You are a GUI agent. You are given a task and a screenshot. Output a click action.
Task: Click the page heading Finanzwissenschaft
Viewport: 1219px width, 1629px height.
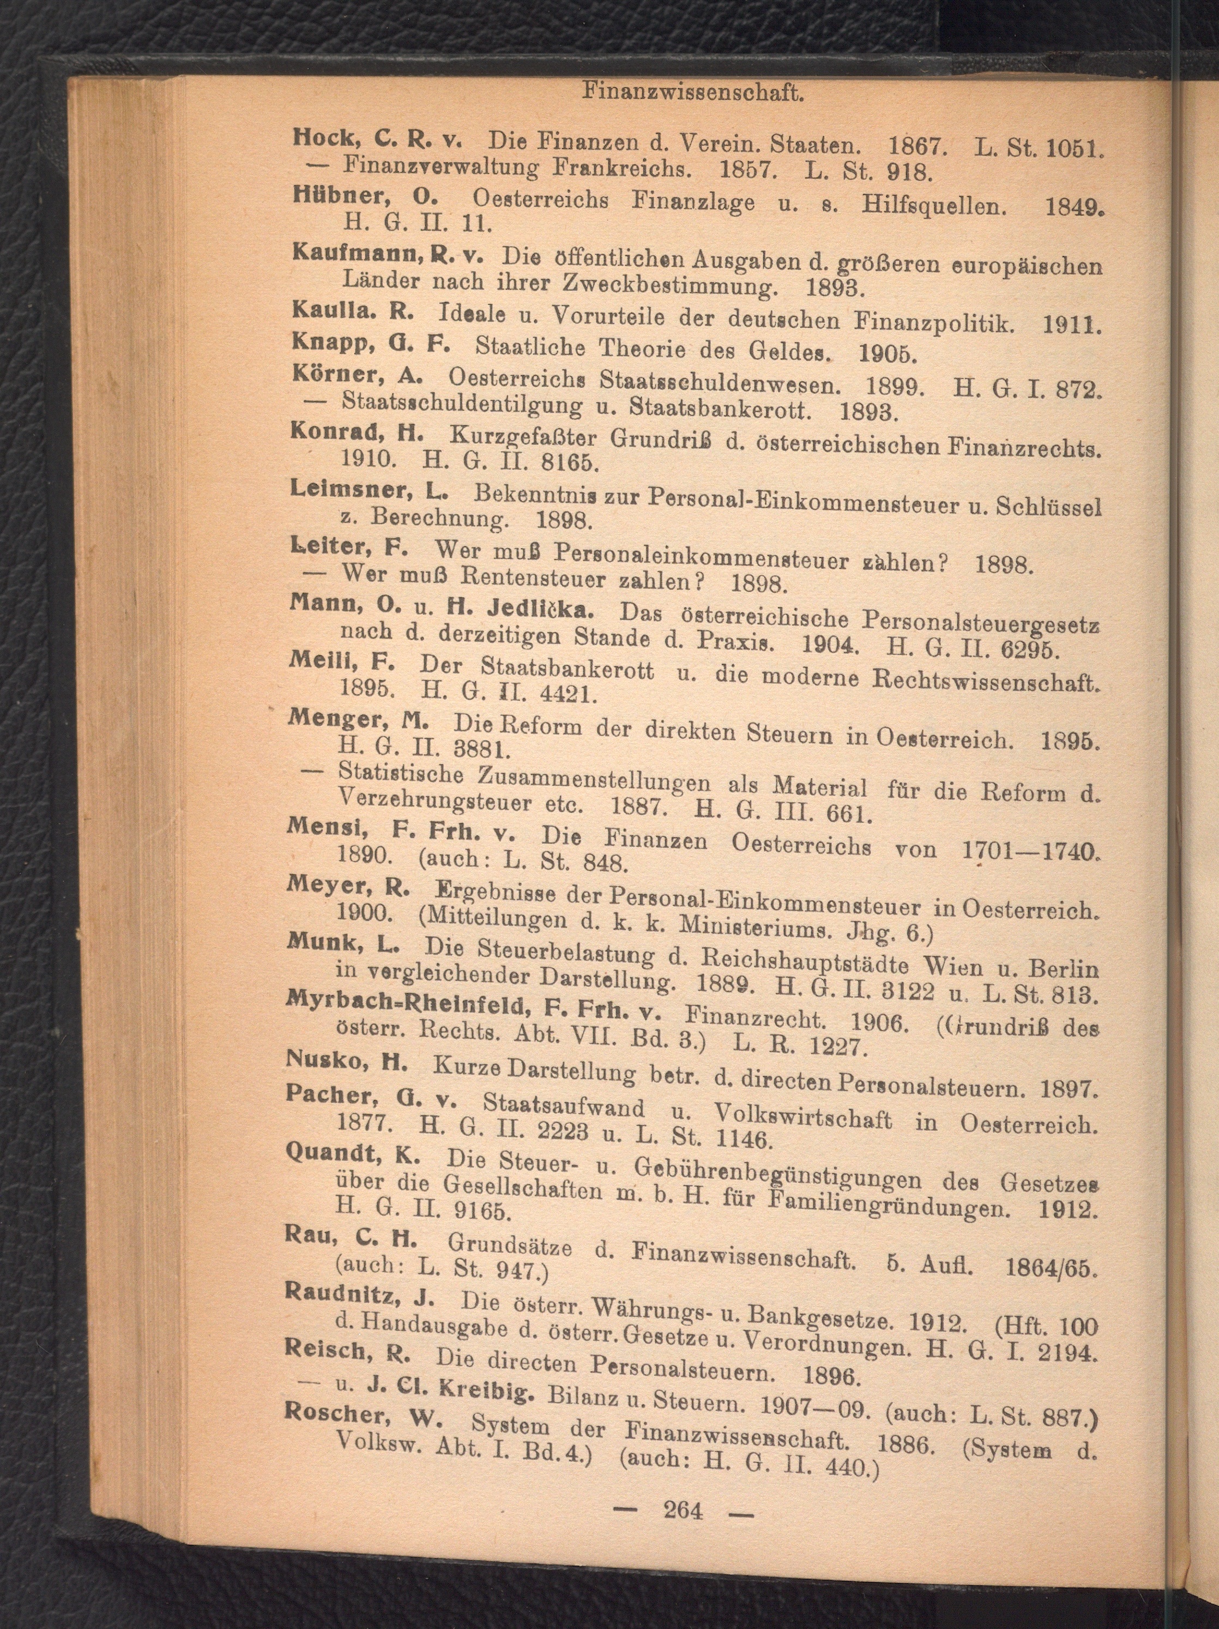pyautogui.click(x=692, y=92)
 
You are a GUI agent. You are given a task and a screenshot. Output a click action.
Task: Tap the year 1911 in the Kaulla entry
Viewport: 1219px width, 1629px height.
pyautogui.click(x=1070, y=324)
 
